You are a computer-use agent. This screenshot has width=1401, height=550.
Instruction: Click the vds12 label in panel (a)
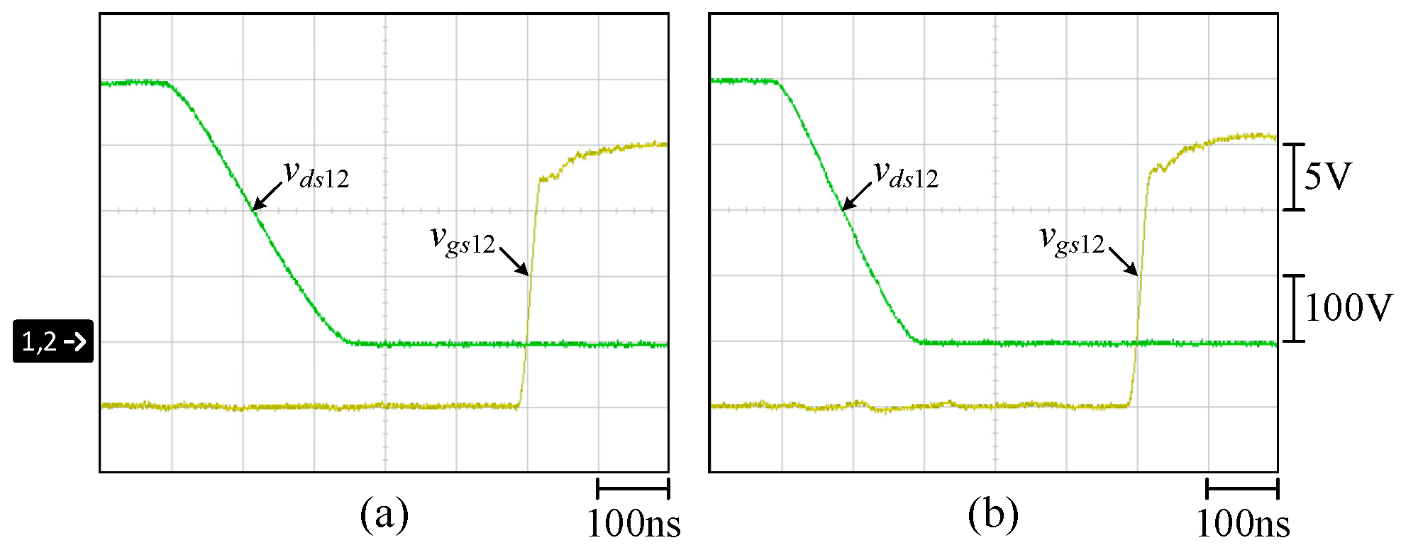point(316,175)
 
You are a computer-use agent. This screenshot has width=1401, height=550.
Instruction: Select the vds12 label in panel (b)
point(906,175)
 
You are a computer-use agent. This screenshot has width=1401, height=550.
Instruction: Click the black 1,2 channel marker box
point(53,341)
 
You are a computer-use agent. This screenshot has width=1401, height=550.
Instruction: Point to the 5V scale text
point(1327,176)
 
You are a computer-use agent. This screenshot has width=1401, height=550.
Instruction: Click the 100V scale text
point(1349,308)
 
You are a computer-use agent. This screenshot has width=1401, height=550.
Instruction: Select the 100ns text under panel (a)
point(633,524)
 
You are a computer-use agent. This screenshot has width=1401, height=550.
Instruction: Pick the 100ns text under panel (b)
point(1243,524)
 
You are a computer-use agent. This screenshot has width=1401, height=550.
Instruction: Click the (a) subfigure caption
point(384,515)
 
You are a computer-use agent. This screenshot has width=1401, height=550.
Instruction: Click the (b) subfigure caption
point(993,515)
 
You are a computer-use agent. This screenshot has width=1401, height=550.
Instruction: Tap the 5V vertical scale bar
point(1295,177)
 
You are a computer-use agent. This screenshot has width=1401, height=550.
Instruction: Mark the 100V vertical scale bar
point(1295,308)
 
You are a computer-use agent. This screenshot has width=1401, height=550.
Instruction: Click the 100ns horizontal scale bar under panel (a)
point(633,488)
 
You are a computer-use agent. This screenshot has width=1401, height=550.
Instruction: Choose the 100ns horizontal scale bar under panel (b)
point(1242,488)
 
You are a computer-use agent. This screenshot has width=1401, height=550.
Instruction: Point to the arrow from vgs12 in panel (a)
point(514,260)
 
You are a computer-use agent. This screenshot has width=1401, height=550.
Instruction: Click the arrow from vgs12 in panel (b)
point(1124,260)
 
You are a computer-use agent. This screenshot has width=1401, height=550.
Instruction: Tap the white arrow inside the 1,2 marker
point(74,342)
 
